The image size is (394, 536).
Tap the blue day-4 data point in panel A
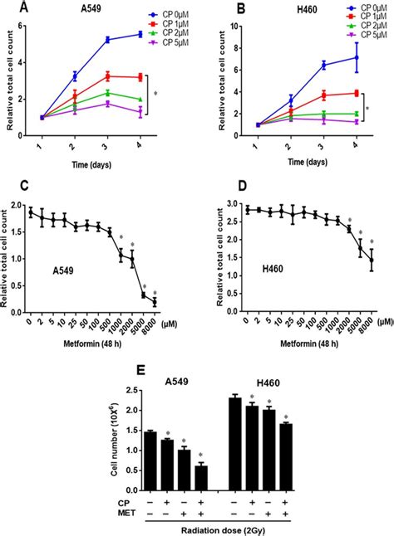coord(140,34)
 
